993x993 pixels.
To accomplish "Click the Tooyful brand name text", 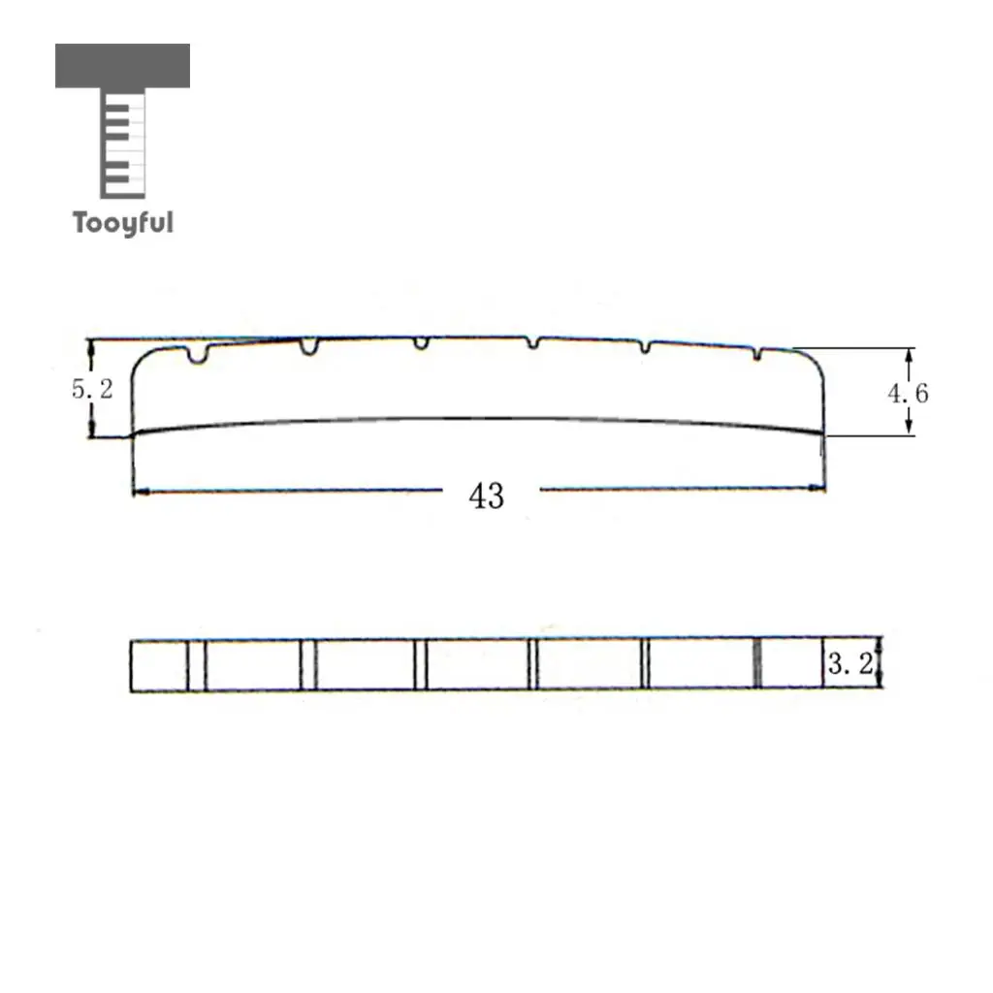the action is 123,223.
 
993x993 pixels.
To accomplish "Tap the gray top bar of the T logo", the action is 122,65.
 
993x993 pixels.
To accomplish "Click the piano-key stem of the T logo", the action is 123,144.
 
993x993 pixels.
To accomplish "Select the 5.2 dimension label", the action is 92,389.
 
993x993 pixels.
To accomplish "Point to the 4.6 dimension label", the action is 908,394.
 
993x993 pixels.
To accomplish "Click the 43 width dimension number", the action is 487,496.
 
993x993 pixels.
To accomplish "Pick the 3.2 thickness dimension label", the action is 849,663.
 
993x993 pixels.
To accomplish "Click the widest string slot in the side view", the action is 198,355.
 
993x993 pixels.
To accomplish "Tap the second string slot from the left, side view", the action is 309,347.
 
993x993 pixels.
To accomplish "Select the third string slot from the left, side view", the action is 421,342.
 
